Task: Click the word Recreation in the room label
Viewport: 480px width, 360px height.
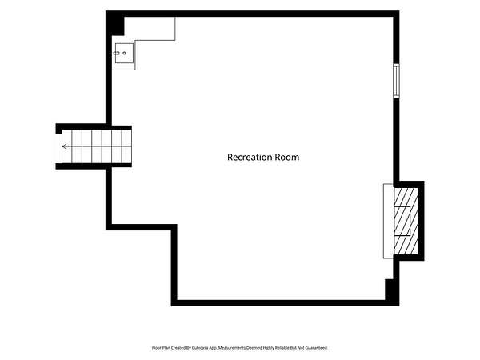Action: pos(250,157)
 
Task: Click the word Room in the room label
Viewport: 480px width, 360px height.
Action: pos(287,157)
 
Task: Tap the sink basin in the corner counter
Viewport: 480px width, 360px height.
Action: pos(124,54)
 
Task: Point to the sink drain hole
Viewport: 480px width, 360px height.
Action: pos(124,54)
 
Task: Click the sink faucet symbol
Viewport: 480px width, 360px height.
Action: pos(116,54)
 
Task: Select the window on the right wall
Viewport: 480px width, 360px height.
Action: pos(397,81)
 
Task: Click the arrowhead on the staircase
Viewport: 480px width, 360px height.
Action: pos(65,146)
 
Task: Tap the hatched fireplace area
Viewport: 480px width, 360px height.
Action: pos(406,221)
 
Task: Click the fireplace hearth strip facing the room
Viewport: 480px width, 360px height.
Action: pos(388,221)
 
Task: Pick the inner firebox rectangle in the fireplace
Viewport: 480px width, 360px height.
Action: pos(402,221)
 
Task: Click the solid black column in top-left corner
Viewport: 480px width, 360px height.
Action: pos(115,23)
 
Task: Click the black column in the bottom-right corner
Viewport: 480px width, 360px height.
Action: pos(392,291)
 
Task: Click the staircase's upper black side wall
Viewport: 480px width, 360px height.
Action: pos(94,126)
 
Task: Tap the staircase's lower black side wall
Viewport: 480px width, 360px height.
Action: pos(94,166)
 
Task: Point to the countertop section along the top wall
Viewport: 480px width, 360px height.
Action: pos(150,29)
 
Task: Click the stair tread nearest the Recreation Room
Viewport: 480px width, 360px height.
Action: pos(126,146)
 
